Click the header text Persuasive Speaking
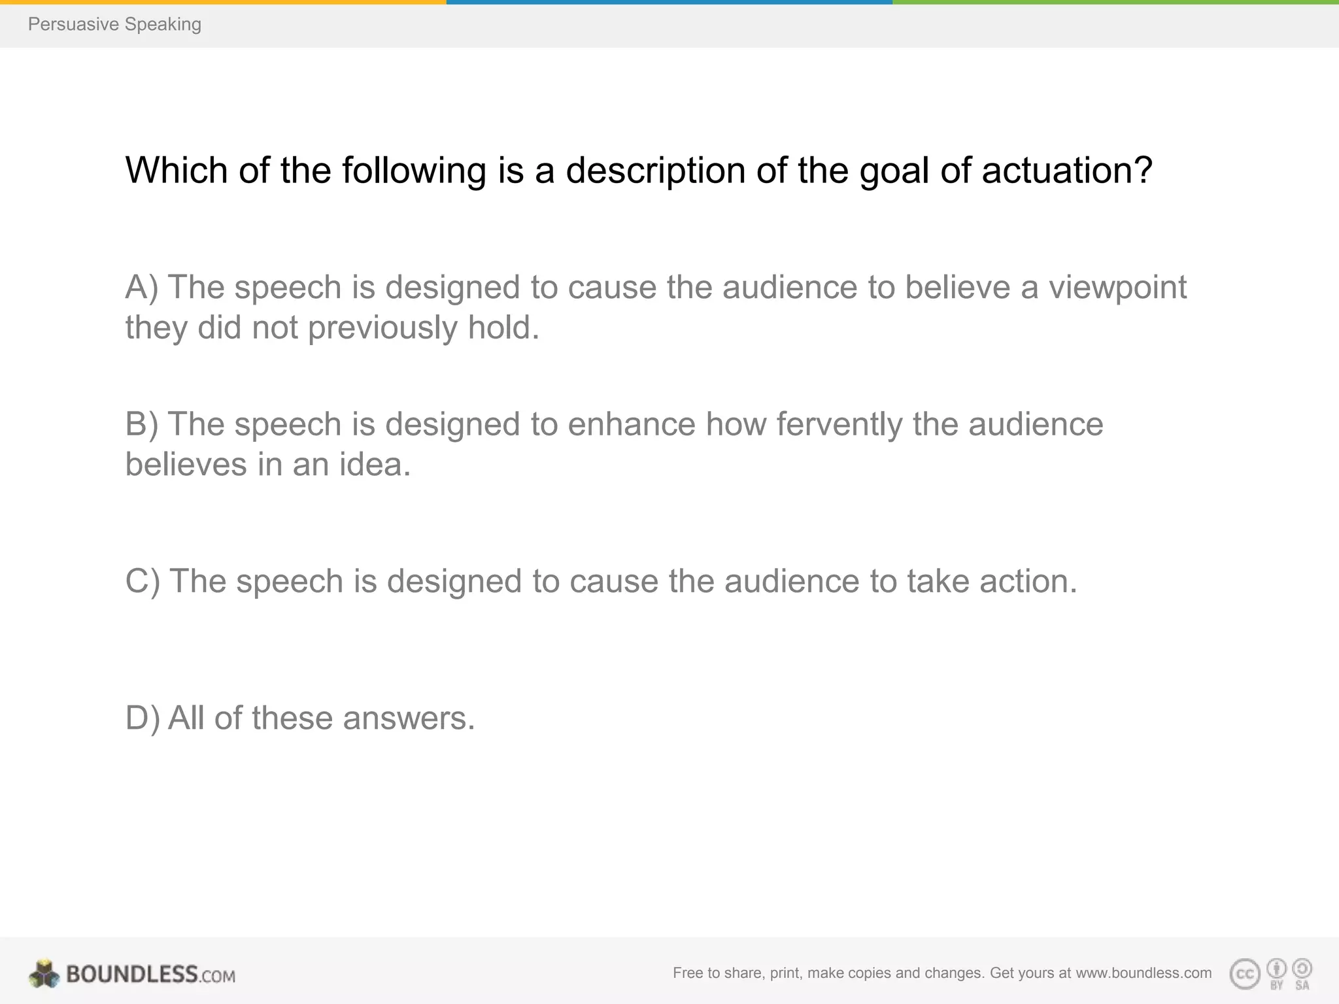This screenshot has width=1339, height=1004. tap(114, 25)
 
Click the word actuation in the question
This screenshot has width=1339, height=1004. tap(1066, 171)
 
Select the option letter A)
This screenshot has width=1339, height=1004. tap(142, 288)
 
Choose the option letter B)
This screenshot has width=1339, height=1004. tap(142, 424)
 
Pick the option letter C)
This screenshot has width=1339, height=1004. tap(143, 581)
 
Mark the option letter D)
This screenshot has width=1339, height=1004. tap(142, 718)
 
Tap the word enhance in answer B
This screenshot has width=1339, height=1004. tap(631, 424)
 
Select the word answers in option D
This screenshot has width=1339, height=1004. tap(409, 718)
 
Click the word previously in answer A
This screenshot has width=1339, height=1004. tap(382, 327)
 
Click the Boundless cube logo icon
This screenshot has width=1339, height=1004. tap(44, 974)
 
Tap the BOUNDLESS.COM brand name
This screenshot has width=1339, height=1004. tap(150, 975)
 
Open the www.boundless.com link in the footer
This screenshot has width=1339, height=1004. tap(1144, 973)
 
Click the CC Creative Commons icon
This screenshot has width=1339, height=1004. tap(1244, 975)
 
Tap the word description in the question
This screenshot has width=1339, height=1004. tap(655, 171)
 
